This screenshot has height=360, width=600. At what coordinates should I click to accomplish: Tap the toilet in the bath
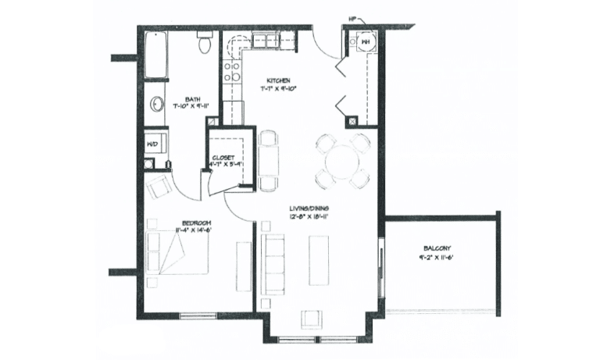[x=205, y=43]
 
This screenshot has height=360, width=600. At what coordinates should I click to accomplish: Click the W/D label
[x=152, y=144]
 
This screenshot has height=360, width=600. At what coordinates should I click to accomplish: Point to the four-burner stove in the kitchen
[x=232, y=71]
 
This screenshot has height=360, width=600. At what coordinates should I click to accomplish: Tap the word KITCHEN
[x=279, y=80]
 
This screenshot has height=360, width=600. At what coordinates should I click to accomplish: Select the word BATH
[x=192, y=99]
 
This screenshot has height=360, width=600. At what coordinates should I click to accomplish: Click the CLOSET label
[x=223, y=157]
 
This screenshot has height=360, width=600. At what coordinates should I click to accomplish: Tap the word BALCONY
[x=430, y=248]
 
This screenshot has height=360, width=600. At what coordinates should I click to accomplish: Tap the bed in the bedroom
[x=177, y=254]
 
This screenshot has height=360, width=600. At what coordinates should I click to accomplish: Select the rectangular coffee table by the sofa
[x=319, y=260]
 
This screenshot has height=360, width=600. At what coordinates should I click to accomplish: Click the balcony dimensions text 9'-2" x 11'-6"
[x=430, y=257]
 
